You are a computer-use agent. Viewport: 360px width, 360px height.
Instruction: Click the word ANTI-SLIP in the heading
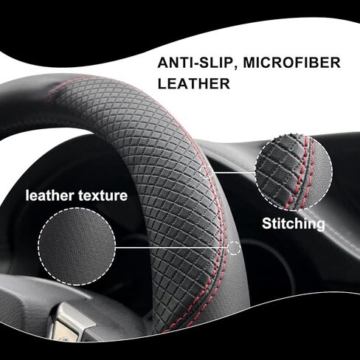[x=198, y=63]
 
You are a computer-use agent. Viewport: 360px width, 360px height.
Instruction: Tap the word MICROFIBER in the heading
[x=292, y=63]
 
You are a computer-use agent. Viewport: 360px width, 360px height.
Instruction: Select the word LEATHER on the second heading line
[x=194, y=83]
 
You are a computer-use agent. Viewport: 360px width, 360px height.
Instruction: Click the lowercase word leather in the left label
[x=49, y=195]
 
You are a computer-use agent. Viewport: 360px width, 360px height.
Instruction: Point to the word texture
[x=103, y=196]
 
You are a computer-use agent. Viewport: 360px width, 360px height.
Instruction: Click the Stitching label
[x=294, y=224]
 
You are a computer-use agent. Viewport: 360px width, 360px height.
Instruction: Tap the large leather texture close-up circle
[x=77, y=246]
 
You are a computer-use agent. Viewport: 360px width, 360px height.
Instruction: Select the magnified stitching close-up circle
[x=294, y=173]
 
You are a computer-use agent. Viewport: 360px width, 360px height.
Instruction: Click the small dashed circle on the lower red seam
[x=234, y=248]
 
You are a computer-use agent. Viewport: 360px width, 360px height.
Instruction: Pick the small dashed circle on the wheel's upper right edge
[x=207, y=172]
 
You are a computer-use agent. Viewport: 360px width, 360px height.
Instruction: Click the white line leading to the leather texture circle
[x=171, y=248]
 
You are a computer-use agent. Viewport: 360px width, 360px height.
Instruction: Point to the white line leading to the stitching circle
[x=234, y=172]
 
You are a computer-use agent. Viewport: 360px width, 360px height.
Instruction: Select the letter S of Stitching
[x=267, y=224]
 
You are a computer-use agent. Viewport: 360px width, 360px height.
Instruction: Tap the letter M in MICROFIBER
[x=250, y=63]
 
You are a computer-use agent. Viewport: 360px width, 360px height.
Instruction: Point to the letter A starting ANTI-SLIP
[x=163, y=63]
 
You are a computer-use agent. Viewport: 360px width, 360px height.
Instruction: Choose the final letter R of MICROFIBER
[x=336, y=63]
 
